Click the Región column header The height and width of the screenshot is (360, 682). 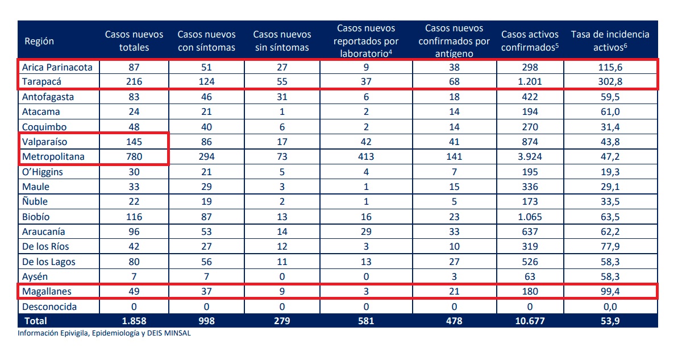point(39,41)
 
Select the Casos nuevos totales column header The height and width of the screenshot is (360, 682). point(134,41)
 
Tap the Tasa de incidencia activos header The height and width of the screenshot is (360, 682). point(610,41)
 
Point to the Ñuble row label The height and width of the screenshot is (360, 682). point(35,201)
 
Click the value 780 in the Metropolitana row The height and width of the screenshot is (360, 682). point(134,156)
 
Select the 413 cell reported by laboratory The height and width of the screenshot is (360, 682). point(367,156)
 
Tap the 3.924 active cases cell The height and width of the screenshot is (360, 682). point(529,156)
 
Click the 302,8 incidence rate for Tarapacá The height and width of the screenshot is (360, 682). point(610,82)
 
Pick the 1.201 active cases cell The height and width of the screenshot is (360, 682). point(529,82)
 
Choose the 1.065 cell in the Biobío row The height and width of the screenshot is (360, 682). point(529,217)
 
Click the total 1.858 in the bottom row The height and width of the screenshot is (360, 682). point(134,321)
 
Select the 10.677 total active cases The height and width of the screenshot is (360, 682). point(529,321)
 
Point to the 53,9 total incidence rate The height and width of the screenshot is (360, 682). point(610,321)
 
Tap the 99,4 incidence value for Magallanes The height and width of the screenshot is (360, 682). point(610,292)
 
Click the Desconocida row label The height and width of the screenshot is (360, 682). point(49,307)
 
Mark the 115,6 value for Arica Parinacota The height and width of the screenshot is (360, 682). point(610,67)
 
